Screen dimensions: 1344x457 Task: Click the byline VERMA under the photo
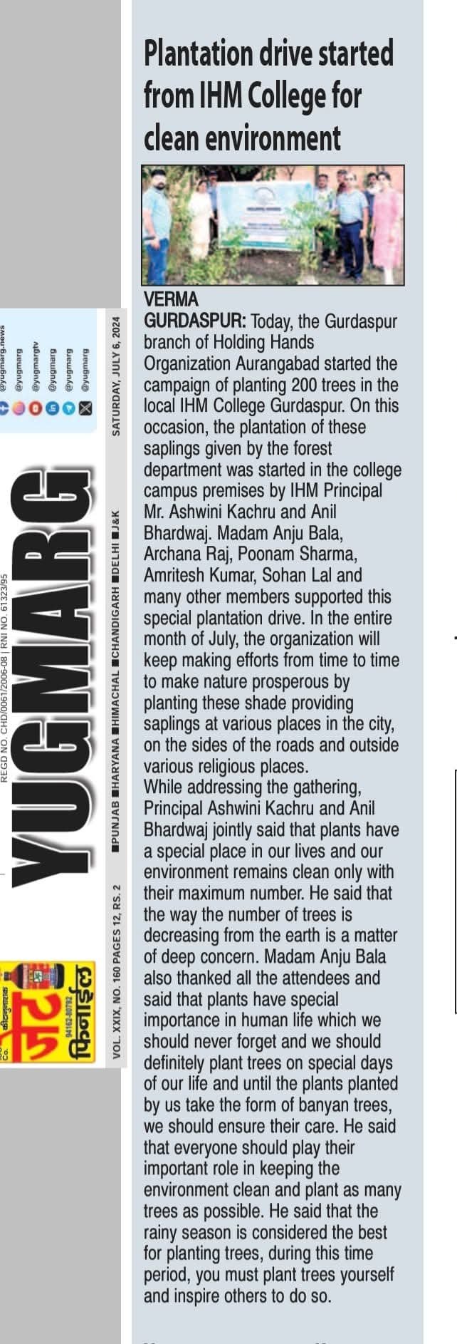click(171, 298)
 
